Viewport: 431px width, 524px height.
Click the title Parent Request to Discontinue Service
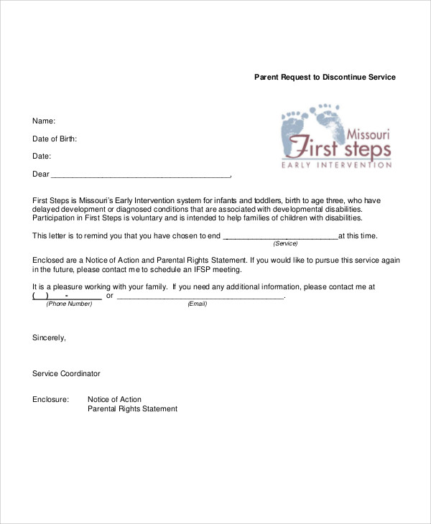click(325, 77)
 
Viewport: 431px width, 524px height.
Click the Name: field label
click(44, 121)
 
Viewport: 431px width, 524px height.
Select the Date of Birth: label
click(55, 139)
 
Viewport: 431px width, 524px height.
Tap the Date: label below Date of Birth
click(42, 156)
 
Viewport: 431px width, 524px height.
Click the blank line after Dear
click(141, 174)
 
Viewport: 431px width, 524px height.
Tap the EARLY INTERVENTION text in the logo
click(336, 165)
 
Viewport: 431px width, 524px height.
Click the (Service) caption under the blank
click(285, 244)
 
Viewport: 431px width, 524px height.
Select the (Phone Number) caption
click(69, 304)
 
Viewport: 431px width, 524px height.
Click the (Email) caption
click(197, 304)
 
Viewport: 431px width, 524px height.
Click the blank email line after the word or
click(200, 296)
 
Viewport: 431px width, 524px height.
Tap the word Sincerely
click(49, 337)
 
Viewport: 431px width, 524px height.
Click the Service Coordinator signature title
click(66, 373)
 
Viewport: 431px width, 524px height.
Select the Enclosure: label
click(50, 399)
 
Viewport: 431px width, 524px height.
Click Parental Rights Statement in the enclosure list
click(132, 409)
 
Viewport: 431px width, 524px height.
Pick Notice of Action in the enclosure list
click(114, 399)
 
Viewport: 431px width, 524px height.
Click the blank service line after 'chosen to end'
click(280, 235)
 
